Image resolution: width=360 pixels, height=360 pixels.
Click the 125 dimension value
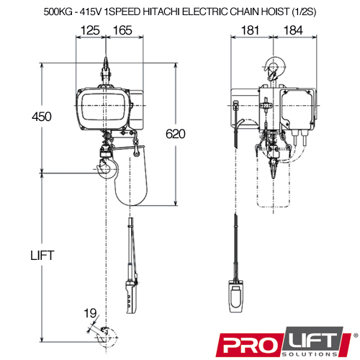point(90,30)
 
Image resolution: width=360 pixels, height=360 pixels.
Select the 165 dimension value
point(122,30)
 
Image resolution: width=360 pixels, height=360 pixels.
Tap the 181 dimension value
point(250,30)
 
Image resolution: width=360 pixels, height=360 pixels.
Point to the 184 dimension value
point(293,30)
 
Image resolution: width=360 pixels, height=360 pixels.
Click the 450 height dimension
point(42,117)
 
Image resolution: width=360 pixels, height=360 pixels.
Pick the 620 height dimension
point(176,134)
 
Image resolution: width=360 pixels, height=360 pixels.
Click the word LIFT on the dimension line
point(42,256)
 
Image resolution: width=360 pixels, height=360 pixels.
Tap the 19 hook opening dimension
point(90,313)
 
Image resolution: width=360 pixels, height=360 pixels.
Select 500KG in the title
point(58,12)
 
